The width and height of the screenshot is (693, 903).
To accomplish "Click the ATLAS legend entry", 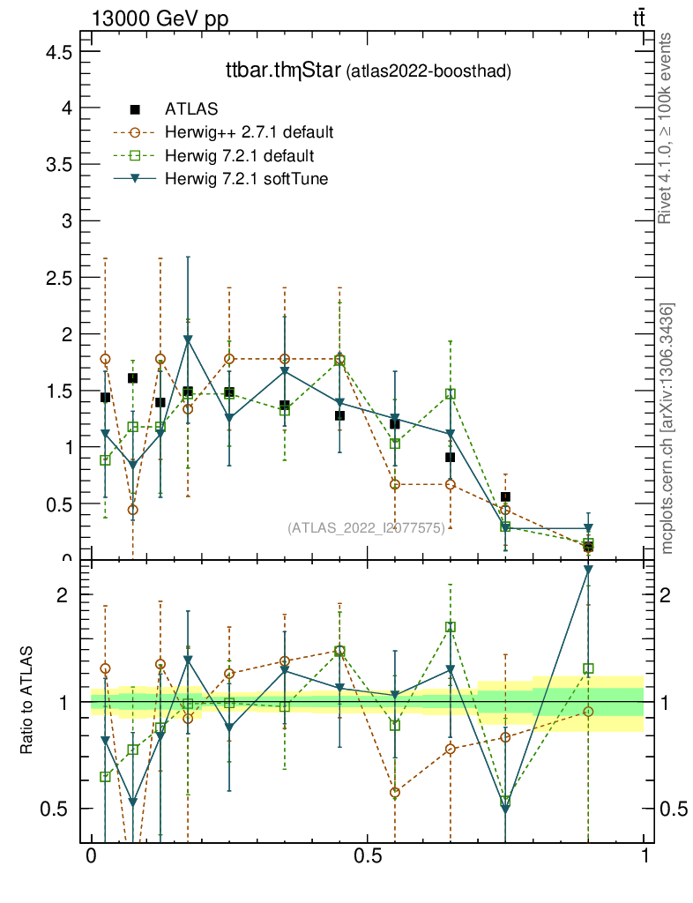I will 186,109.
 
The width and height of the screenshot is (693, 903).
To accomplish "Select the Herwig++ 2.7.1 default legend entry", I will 248,133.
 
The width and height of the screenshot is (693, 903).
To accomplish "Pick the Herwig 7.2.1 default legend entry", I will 239,156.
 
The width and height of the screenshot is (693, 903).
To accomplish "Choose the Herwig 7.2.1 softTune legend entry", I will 242,179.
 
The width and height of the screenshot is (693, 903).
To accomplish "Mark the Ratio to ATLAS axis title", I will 26,701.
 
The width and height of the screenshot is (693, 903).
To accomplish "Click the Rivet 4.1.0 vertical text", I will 666,129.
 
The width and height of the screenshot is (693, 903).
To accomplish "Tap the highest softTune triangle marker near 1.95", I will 188,340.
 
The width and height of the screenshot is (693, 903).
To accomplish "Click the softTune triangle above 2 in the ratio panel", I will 589,570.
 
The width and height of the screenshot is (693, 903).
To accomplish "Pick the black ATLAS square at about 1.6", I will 133,378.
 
